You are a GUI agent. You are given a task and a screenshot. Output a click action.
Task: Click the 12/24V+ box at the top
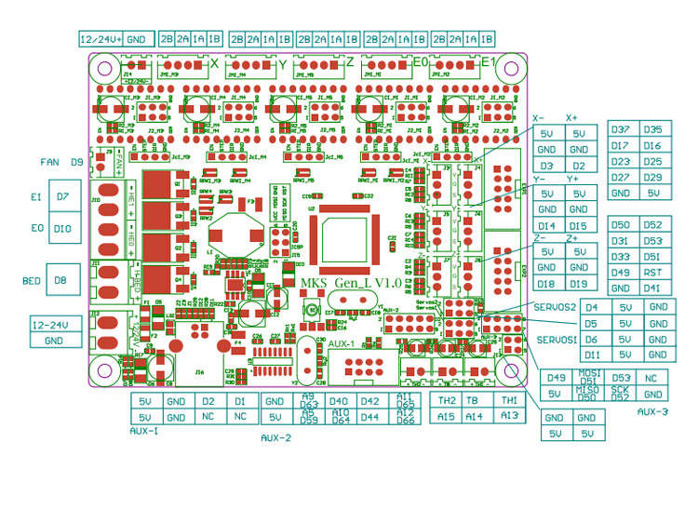pos(100,39)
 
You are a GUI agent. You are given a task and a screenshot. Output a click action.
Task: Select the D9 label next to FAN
pos(77,162)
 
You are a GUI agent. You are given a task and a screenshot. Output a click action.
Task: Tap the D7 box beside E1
pos(62,196)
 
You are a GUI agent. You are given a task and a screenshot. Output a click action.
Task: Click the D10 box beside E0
pos(62,228)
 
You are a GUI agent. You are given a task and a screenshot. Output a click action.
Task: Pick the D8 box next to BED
pos(61,279)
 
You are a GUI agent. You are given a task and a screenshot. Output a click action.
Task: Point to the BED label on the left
pos(31,279)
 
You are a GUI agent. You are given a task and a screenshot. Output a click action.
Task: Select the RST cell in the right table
pos(652,272)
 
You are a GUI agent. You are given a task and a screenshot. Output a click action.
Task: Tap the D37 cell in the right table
pos(622,129)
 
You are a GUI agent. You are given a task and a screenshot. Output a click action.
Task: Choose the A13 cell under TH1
pos(509,416)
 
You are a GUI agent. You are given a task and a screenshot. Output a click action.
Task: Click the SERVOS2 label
pos(557,306)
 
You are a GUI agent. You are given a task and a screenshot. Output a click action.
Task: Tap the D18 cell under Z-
pos(547,283)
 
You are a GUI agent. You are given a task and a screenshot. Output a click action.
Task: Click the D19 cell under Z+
pos(578,283)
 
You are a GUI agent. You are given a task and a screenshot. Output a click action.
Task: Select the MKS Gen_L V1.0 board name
pos(351,282)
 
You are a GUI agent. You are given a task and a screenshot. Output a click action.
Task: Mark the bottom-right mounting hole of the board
pos(510,371)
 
